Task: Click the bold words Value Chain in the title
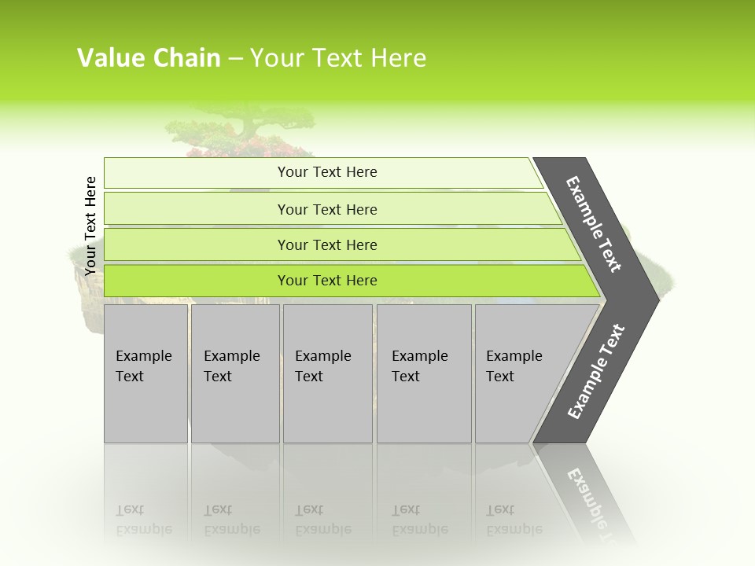149,58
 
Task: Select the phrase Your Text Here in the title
338,58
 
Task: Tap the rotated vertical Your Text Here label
90,226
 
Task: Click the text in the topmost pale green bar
327,172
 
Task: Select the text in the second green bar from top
327,210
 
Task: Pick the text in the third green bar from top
327,245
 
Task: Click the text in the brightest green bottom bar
327,281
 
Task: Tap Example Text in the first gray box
143,366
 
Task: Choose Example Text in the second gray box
231,366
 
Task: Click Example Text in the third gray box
322,366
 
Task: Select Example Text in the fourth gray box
419,366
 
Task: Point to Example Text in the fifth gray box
514,366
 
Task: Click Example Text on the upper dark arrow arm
594,224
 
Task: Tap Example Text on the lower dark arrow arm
596,372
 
